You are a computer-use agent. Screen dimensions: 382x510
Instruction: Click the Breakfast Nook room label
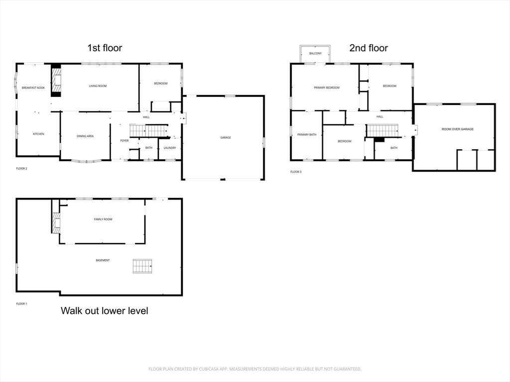(x=33, y=88)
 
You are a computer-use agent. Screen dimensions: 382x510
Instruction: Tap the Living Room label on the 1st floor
(x=98, y=86)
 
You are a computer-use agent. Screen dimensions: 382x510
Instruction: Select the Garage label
(x=226, y=137)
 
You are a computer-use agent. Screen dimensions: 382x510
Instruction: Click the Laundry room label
(x=170, y=148)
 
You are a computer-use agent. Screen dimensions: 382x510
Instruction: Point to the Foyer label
(x=125, y=141)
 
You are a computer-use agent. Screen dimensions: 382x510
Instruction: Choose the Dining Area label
(x=85, y=136)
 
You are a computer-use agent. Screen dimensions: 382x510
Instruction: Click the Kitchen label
(x=39, y=134)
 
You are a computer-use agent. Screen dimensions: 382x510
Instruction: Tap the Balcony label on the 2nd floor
(x=315, y=53)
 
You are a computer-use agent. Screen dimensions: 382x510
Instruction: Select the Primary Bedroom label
(x=327, y=88)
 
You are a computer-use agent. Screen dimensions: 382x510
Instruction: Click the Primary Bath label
(x=307, y=134)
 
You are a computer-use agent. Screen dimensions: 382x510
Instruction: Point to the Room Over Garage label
(x=457, y=129)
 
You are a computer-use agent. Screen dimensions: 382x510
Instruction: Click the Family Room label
(x=103, y=219)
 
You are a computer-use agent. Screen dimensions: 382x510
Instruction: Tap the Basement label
(x=103, y=261)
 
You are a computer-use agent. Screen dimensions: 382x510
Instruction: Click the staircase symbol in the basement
(x=142, y=266)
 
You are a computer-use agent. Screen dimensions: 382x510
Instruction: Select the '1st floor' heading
(x=105, y=48)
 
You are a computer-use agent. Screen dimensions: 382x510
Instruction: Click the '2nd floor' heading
(x=369, y=48)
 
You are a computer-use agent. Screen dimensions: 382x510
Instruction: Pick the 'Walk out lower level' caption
(x=105, y=311)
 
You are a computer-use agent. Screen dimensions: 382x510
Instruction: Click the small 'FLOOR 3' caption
(x=296, y=172)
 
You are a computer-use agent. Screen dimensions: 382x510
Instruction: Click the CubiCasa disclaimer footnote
(x=255, y=369)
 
